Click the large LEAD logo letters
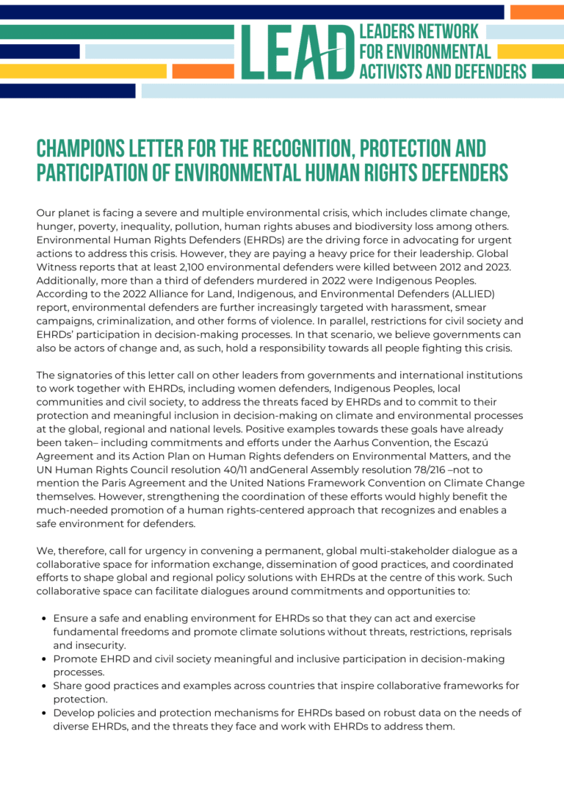[297, 52]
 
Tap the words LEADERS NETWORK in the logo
[419, 32]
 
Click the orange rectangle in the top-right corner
[536, 12]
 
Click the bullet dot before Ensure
[44, 619]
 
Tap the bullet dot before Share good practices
[44, 686]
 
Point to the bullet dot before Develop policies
[44, 713]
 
